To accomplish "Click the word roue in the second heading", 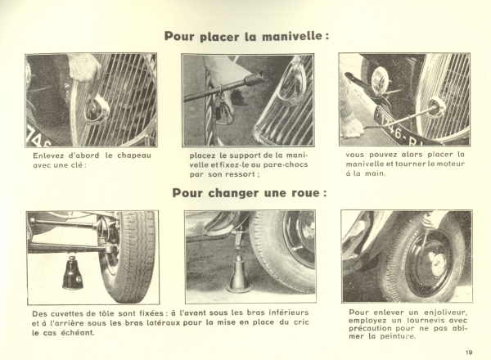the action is (x=304, y=192).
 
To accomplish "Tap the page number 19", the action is (x=469, y=353).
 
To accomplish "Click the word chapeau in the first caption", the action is (x=134, y=155).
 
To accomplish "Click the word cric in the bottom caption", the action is (x=301, y=322).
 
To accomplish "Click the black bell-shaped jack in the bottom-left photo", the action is (x=72, y=272).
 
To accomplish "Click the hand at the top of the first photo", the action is (x=84, y=68).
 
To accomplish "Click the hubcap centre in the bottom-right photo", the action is (x=437, y=264).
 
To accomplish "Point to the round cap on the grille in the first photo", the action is (x=97, y=109).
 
